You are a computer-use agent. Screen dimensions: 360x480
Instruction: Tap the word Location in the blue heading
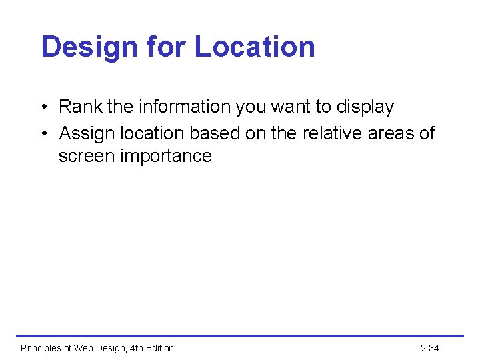[x=255, y=47]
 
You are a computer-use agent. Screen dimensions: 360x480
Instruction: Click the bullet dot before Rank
[x=43, y=107]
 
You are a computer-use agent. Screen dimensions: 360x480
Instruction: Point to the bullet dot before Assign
[x=43, y=134]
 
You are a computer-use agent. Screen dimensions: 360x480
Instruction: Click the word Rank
[x=77, y=107]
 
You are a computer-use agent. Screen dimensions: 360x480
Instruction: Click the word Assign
[x=84, y=133]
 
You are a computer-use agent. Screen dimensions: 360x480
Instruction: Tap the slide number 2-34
[x=430, y=348]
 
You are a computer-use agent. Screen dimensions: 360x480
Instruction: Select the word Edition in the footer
[x=159, y=348]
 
